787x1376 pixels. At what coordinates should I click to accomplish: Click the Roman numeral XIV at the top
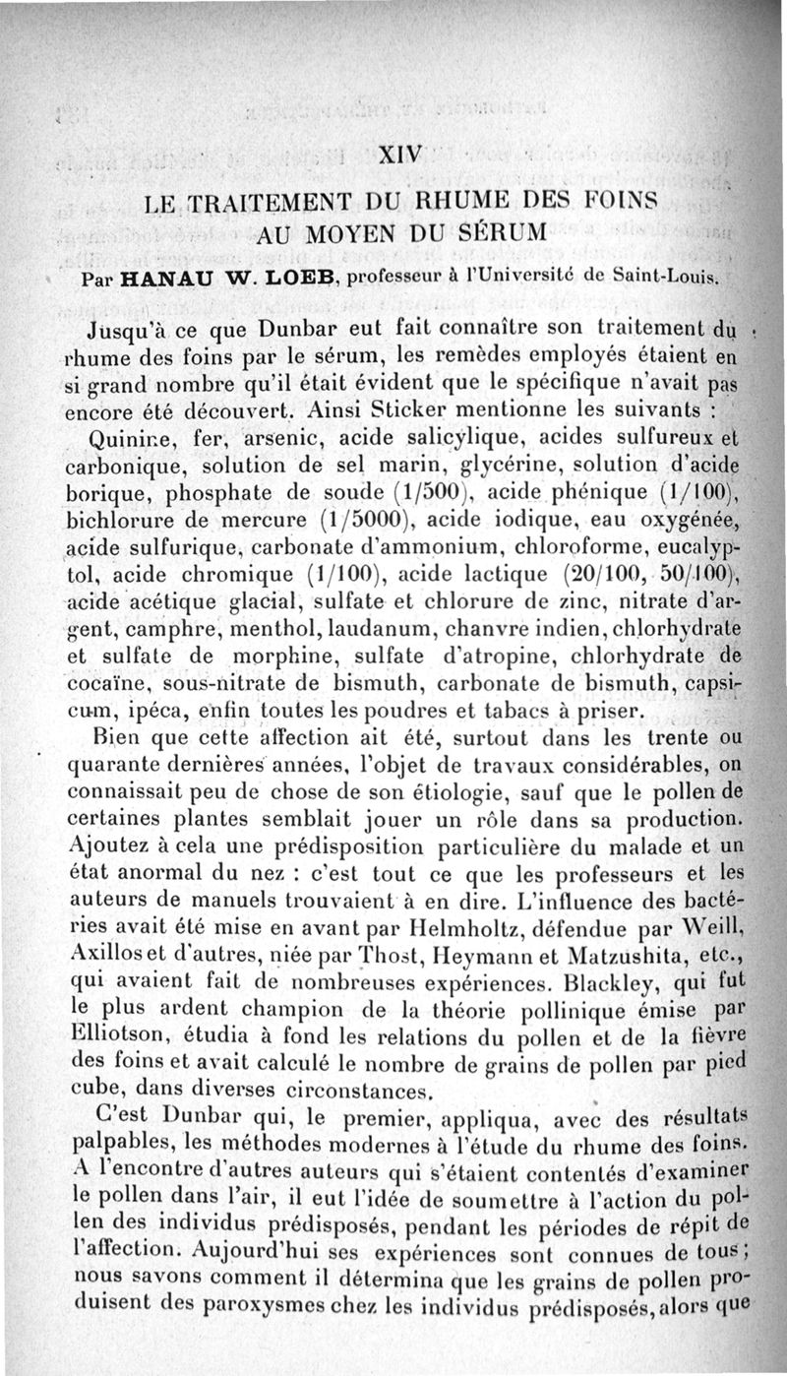(x=400, y=154)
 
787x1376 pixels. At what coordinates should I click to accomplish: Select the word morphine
(x=285, y=654)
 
